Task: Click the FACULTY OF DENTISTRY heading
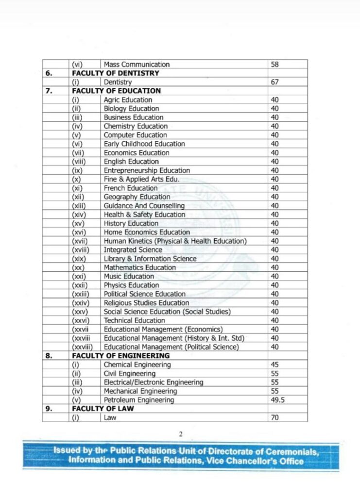coord(116,73)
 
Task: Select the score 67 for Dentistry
coord(275,82)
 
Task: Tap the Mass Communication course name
coord(137,65)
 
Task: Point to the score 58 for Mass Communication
coord(275,65)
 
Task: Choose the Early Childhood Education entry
coord(144,144)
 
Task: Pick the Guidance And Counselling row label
coord(144,206)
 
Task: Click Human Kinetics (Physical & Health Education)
coord(175,241)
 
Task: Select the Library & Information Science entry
coord(150,259)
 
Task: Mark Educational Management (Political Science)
coord(171,347)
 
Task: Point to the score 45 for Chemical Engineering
coord(275,364)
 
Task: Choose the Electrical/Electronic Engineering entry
coord(154,382)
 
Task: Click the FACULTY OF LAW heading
coord(103,409)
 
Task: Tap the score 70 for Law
coord(275,417)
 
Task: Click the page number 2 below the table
coord(180,434)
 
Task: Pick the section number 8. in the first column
coord(49,356)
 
